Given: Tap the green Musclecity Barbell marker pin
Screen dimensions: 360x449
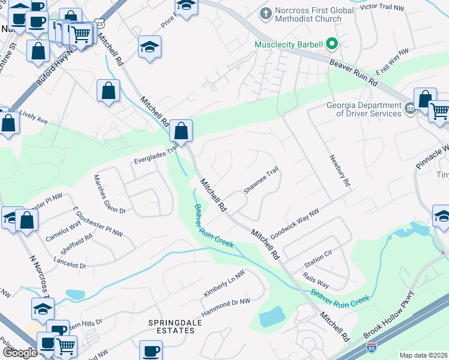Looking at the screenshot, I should click(x=331, y=44).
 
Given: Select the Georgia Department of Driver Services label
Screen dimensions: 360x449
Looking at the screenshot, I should click(x=364, y=109).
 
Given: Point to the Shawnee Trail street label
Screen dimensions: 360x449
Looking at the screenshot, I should click(x=261, y=180).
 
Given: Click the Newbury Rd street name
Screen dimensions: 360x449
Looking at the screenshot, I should click(x=339, y=171).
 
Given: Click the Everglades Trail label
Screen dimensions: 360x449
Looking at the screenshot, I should click(x=156, y=157).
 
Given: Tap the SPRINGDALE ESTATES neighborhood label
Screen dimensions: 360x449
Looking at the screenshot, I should click(x=172, y=328).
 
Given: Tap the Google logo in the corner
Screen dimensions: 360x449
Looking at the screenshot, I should click(x=20, y=352).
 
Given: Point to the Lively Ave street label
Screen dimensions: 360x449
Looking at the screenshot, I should click(x=34, y=116).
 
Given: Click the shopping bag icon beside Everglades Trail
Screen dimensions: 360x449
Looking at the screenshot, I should click(x=181, y=130).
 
